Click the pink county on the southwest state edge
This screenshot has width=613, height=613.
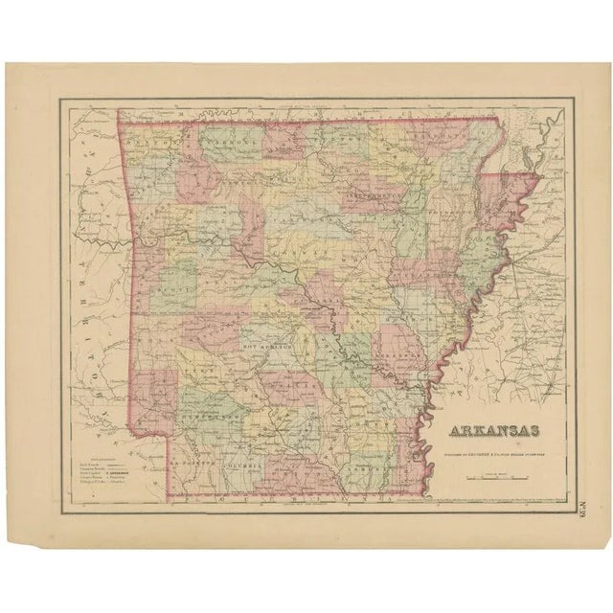point(151,393)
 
